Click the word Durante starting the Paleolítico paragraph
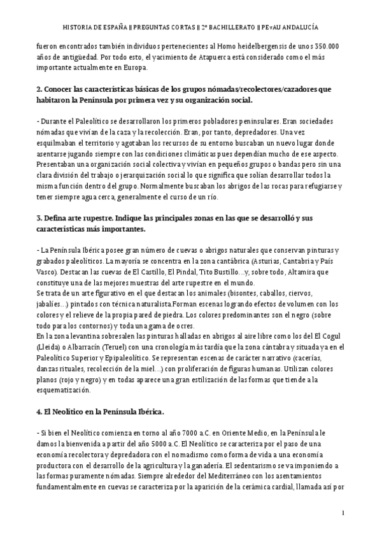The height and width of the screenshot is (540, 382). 55,121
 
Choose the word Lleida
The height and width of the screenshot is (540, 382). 52,347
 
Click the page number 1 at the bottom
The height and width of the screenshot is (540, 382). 343,512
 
